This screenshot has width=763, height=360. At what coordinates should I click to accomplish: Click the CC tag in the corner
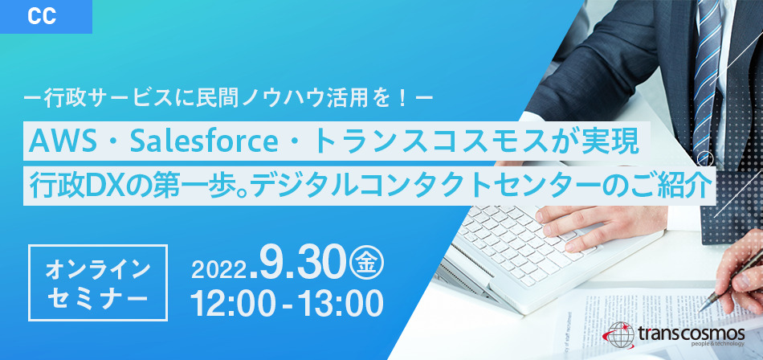pyautogui.click(x=46, y=17)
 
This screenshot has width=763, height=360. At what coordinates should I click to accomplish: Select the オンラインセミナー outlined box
pyautogui.click(x=98, y=283)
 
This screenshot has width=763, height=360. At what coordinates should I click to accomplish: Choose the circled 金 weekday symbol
pyautogui.click(x=369, y=265)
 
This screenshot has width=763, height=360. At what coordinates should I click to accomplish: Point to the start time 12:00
pyautogui.click(x=232, y=303)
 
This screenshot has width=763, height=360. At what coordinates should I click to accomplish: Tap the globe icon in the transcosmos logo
pyautogui.click(x=619, y=333)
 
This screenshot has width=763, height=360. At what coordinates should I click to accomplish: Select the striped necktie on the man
pyautogui.click(x=707, y=78)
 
